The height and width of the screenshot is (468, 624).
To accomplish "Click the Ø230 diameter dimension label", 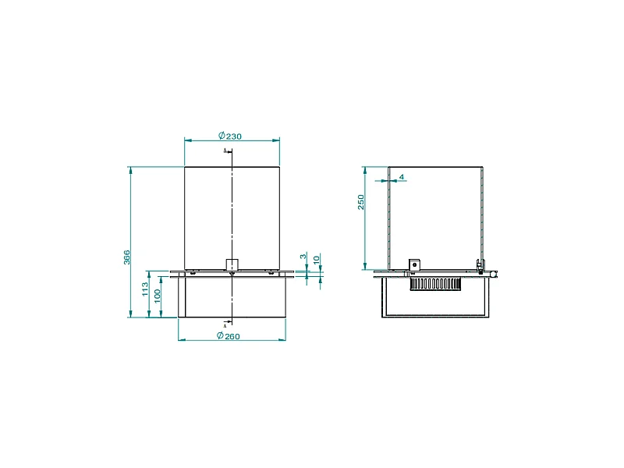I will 230,136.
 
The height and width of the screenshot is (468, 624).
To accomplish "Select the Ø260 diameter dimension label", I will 230,336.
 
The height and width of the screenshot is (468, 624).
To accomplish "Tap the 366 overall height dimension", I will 126,257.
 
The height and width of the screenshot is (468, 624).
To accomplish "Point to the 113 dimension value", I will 145,289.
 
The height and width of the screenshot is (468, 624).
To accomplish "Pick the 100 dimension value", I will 158,296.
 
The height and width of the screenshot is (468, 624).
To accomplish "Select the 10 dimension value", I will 316,259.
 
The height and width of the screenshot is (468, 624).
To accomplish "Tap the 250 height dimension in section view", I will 361,202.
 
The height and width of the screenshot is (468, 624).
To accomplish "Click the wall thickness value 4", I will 402,177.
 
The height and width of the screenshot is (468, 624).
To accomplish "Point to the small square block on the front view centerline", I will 232,264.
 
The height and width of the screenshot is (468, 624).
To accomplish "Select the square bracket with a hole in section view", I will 415,264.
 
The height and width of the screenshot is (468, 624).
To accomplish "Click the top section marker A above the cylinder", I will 225,150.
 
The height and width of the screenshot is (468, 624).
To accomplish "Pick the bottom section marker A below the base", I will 225,323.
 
